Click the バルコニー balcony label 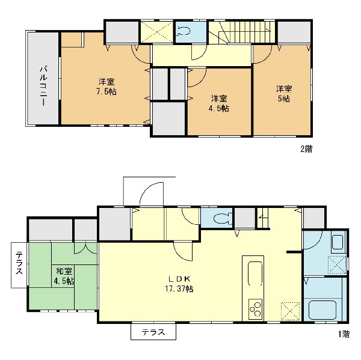[x=44, y=86]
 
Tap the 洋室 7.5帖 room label [x=106, y=87]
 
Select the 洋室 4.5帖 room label [x=219, y=103]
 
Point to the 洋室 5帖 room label [x=284, y=94]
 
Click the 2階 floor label [x=306, y=149]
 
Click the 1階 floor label [x=344, y=334]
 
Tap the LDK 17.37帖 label [x=179, y=284]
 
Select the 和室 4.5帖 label [x=64, y=276]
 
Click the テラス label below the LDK [x=153, y=332]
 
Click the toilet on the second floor [x=184, y=31]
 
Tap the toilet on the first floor [x=222, y=218]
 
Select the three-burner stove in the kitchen [x=255, y=309]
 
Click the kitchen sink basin [x=255, y=273]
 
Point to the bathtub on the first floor [x=322, y=310]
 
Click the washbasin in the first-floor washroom [x=338, y=242]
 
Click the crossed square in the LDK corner [x=291, y=311]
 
